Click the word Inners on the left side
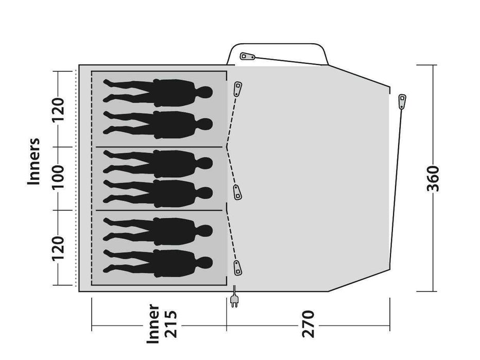[33, 161]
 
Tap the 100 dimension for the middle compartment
[58, 177]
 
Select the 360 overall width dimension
[433, 179]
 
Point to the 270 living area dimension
[308, 324]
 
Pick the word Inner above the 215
[153, 323]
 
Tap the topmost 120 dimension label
[58, 110]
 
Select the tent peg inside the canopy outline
[247, 57]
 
